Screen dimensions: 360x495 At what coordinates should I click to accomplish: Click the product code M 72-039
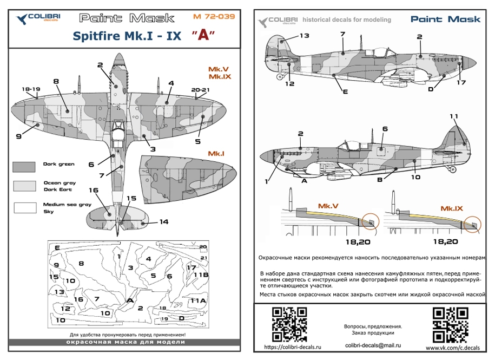coord(214,17)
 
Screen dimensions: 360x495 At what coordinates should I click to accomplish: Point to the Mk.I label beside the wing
coord(216,154)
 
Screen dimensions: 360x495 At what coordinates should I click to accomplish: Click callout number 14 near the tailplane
coord(163,222)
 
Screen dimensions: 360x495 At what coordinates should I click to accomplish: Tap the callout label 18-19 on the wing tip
coord(31,89)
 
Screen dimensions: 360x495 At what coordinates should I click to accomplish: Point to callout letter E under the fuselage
coord(345,92)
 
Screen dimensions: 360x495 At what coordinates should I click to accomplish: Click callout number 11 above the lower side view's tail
coord(453,116)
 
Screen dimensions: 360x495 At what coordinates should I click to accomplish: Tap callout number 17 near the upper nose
coord(461,83)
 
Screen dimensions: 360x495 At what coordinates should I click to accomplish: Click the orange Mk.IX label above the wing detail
coord(451,208)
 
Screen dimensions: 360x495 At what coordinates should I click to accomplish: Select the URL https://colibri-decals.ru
coord(293,346)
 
